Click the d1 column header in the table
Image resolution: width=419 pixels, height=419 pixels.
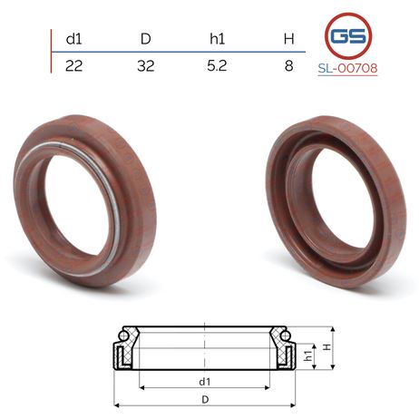point(73,39)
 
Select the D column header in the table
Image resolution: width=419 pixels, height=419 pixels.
point(146,39)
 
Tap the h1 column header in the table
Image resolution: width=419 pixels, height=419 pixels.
point(217,39)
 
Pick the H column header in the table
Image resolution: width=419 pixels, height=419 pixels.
point(289,39)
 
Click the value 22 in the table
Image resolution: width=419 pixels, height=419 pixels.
point(73,65)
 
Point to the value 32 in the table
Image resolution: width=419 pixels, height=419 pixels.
point(146,65)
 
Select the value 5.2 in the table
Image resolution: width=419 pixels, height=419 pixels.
point(217,65)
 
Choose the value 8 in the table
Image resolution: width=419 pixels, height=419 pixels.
point(289,65)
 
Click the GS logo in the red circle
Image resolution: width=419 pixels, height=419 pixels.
point(348,36)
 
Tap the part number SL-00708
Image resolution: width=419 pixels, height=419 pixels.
point(347,68)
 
